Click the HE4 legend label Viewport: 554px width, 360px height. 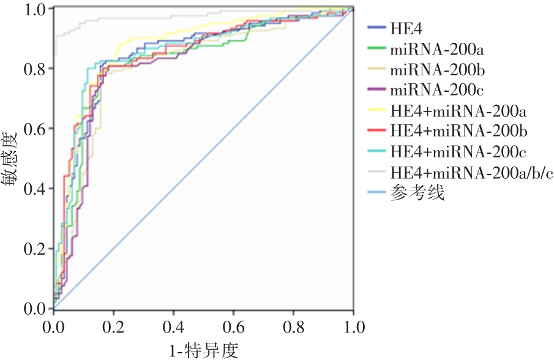(x=405, y=28)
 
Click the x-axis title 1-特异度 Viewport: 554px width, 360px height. (x=203, y=350)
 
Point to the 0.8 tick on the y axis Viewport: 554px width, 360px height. (x=36, y=69)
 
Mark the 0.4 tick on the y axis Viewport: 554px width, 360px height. (x=36, y=189)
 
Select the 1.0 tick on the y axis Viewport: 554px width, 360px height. (x=36, y=9)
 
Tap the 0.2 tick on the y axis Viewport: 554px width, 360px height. (x=36, y=249)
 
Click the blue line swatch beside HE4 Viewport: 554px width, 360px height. (x=376, y=28)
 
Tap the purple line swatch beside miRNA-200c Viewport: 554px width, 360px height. (x=376, y=90)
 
